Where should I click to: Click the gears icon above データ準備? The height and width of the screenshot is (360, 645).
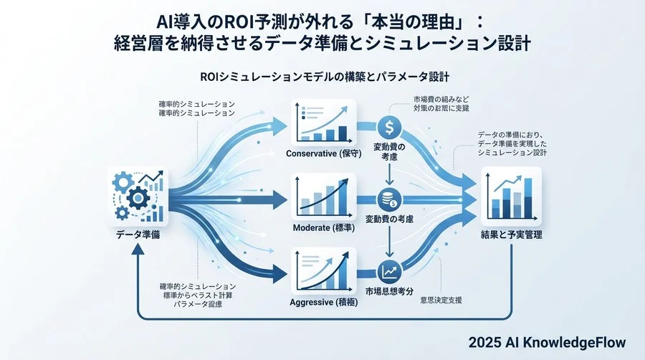[136, 196]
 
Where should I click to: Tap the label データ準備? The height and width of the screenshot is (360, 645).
[136, 235]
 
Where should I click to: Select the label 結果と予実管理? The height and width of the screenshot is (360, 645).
[512, 235]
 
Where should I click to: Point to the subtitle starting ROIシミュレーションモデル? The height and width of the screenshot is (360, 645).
[322, 75]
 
